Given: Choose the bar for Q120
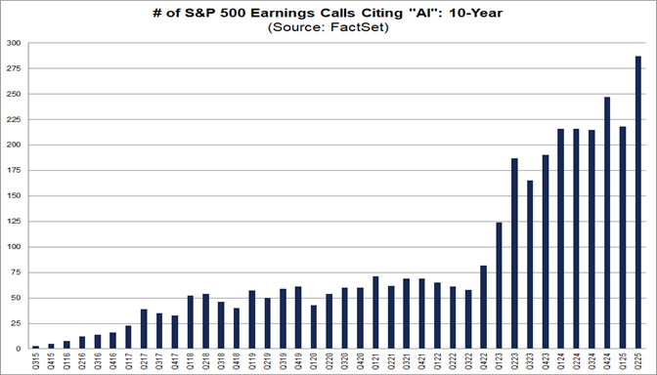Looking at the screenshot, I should [314, 327].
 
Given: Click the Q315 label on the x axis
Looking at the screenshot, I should [35, 360].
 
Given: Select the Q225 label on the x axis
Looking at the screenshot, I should [638, 360].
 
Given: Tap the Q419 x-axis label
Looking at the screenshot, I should [298, 360].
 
